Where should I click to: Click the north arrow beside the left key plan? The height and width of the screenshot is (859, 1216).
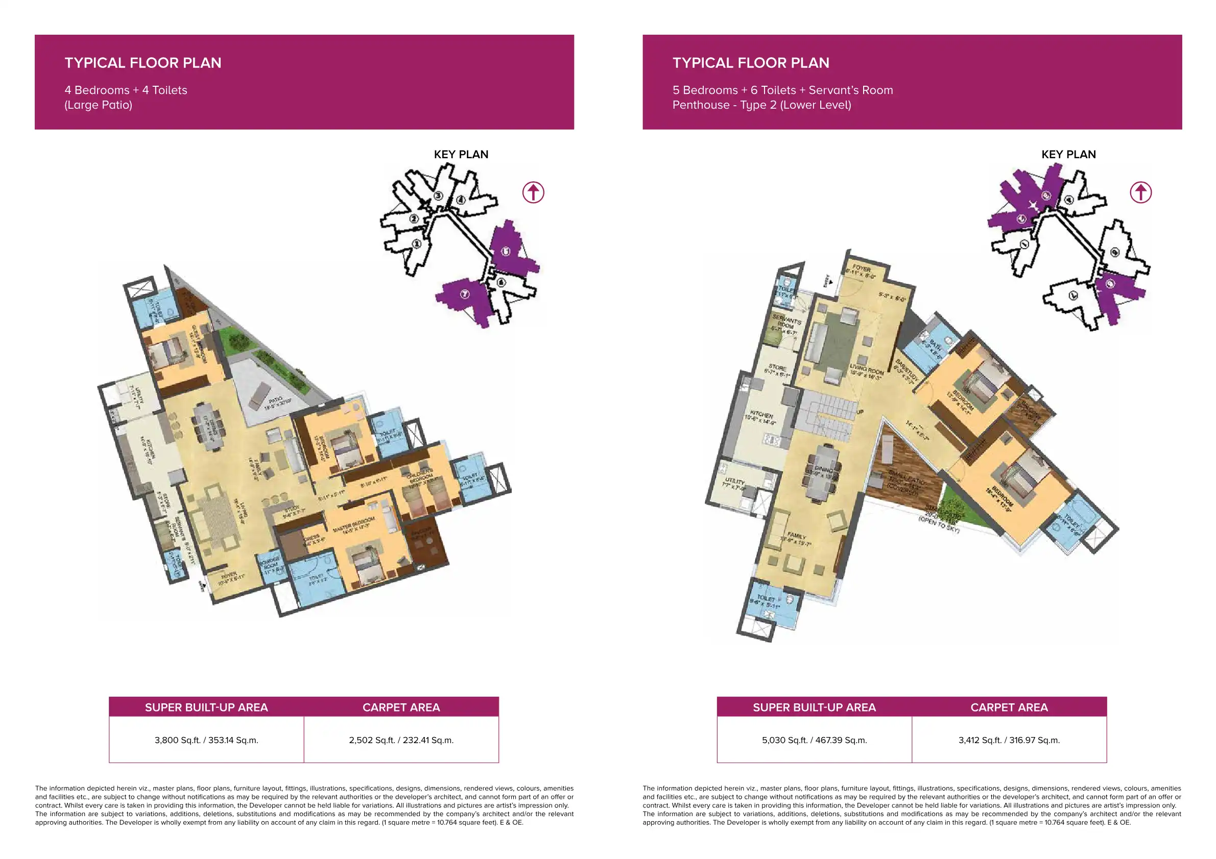point(533,192)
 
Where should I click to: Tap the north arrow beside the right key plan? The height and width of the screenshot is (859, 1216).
point(1140,192)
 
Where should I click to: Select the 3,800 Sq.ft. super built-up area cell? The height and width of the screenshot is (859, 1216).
point(206,740)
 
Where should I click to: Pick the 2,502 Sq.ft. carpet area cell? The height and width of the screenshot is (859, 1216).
point(401,740)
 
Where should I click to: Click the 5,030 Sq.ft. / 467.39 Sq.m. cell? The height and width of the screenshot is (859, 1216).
point(814,740)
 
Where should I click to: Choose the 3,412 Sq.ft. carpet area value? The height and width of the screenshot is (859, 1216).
point(1009,740)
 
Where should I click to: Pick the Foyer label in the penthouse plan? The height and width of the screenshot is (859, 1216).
point(861,271)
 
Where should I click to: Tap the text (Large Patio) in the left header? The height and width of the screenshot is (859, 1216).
point(98,105)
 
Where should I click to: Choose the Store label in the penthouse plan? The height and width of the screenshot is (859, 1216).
point(777,370)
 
